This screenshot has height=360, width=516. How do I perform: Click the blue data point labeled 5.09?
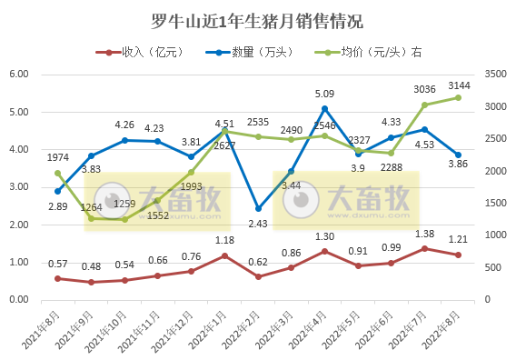pos(324,109)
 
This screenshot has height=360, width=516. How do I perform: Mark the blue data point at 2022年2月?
pos(258,208)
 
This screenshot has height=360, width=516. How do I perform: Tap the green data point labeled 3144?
pos(458,97)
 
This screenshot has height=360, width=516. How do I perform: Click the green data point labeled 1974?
pos(57,173)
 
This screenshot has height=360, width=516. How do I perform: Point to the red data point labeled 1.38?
pos(424,248)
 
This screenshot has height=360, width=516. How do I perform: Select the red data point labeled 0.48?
pos(91,282)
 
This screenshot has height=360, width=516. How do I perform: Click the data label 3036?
pos(425,89)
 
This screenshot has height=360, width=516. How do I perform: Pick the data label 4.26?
pos(124,125)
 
